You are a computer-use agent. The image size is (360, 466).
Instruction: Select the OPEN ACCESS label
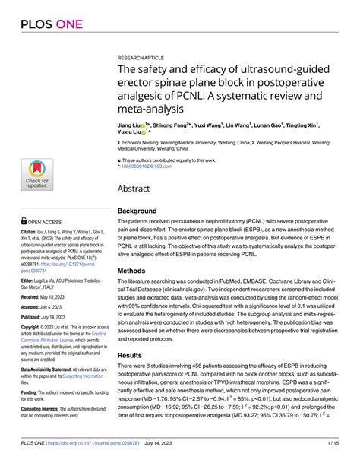pos(46,222)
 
